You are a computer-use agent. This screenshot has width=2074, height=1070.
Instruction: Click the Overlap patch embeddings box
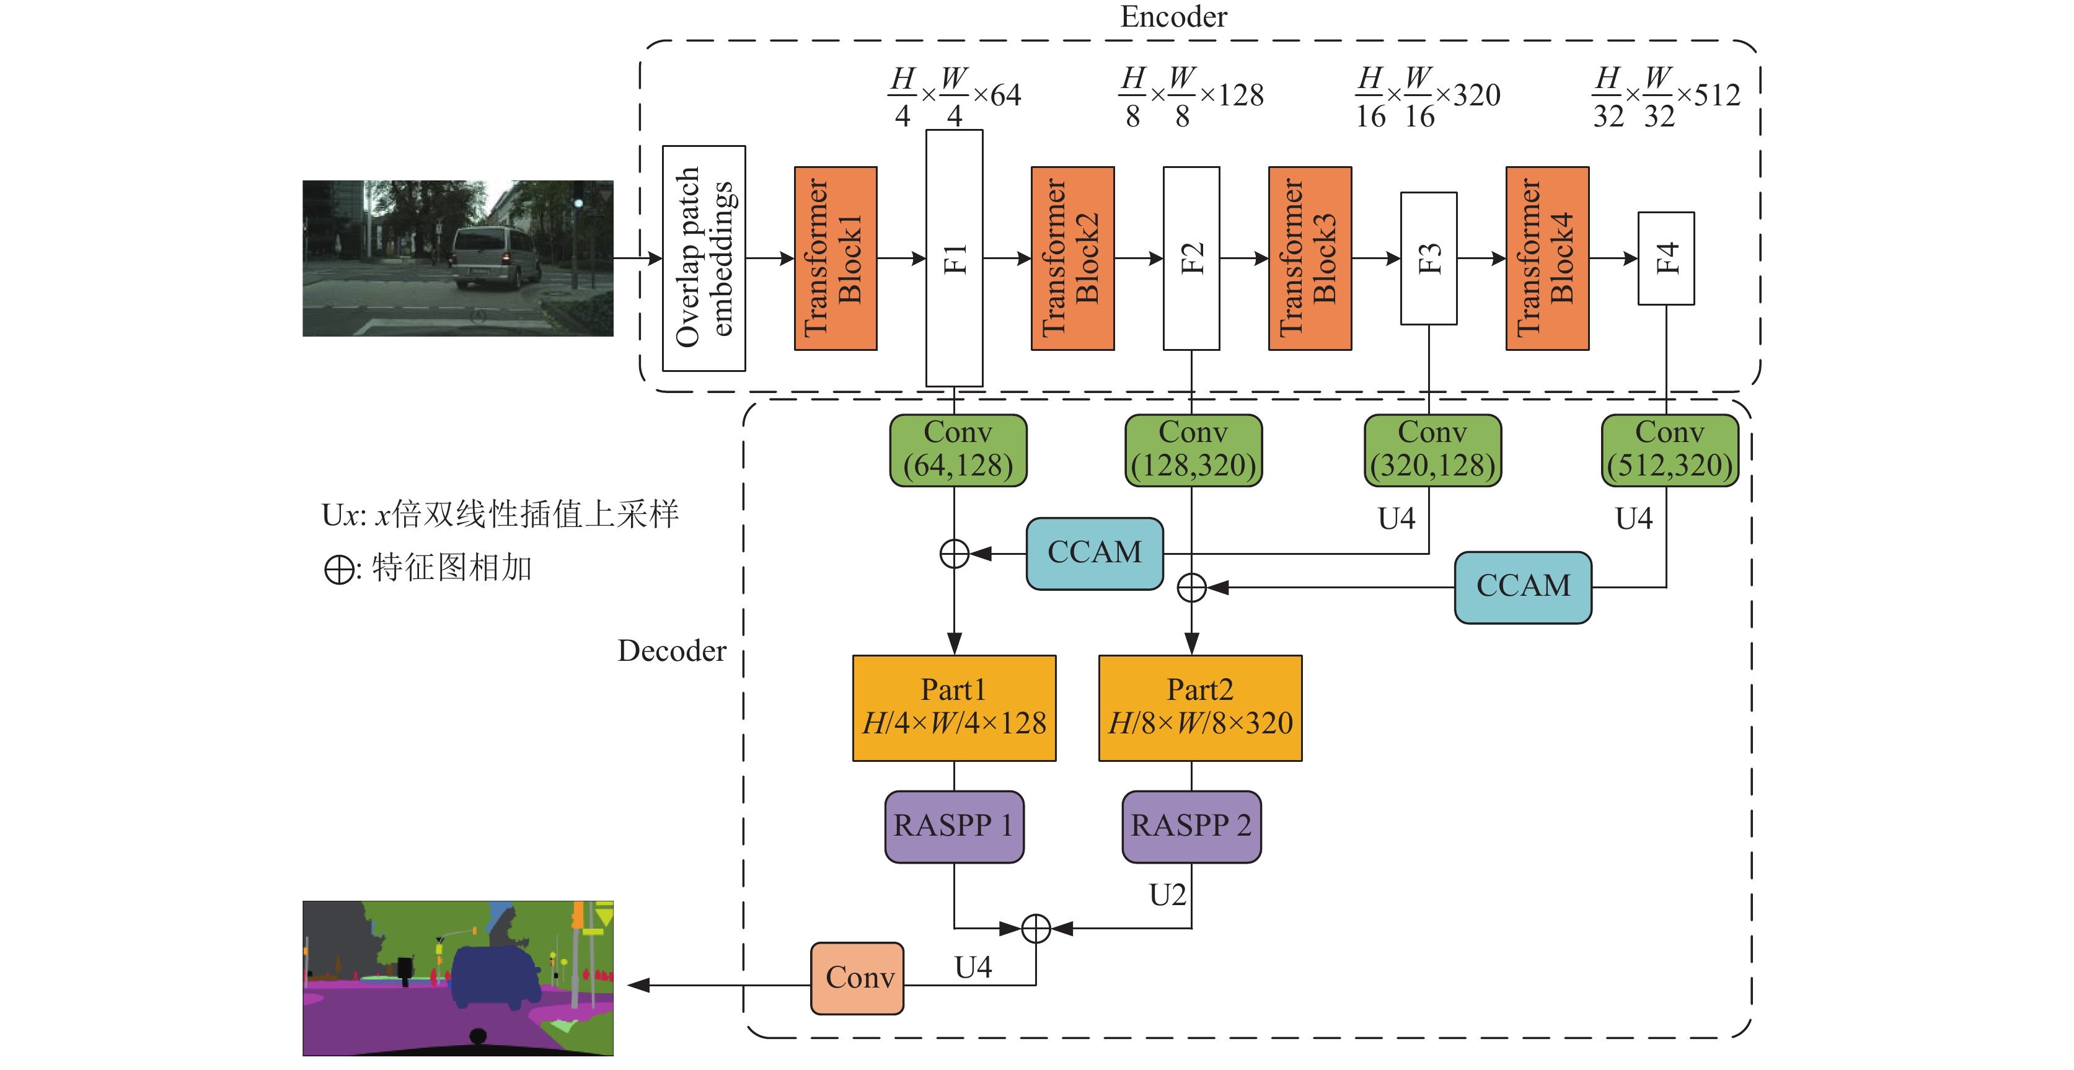click(704, 259)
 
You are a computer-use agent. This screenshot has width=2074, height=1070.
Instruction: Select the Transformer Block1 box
click(836, 259)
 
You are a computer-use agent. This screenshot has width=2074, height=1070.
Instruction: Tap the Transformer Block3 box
click(1310, 259)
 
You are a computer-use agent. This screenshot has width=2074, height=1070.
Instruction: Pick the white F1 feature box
click(954, 259)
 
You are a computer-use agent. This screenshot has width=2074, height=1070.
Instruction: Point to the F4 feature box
click(1666, 259)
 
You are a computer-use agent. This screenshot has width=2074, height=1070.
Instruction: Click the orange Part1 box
click(954, 708)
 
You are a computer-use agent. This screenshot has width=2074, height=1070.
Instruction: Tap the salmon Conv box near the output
click(857, 978)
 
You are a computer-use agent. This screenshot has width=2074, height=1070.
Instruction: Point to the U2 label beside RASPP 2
click(1167, 895)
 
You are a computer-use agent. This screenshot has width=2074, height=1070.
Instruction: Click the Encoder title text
click(1174, 17)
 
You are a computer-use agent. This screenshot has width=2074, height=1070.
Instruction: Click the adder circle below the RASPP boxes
click(1036, 928)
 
